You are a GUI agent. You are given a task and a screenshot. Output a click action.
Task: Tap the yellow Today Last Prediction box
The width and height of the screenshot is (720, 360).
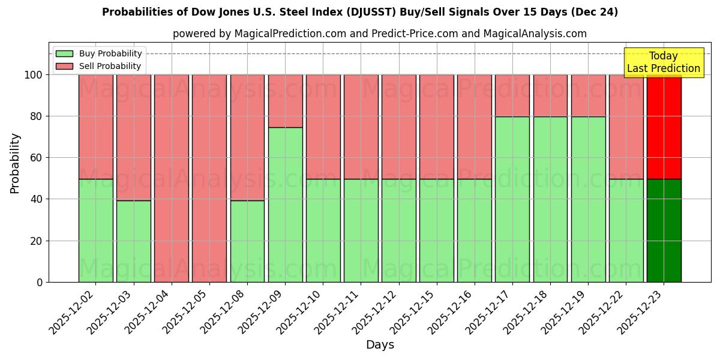point(663,62)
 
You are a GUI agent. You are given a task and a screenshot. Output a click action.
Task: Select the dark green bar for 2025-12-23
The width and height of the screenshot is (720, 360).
point(664,230)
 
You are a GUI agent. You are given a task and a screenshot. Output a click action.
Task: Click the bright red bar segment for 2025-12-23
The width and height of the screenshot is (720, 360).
point(664,127)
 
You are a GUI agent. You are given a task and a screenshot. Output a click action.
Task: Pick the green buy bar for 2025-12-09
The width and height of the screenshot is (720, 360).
point(285,205)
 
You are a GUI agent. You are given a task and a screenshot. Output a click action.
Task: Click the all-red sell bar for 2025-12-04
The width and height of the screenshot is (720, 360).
point(172,178)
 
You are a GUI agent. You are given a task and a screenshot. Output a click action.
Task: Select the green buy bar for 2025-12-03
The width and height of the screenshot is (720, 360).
point(134,241)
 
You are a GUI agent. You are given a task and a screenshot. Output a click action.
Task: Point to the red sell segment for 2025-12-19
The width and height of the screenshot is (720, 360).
point(588,95)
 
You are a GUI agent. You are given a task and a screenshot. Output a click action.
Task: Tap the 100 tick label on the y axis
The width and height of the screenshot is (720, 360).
point(33,75)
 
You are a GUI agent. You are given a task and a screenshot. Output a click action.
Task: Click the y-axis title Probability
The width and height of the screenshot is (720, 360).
point(15,163)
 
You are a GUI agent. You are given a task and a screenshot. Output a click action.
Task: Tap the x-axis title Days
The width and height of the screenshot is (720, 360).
point(380,345)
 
